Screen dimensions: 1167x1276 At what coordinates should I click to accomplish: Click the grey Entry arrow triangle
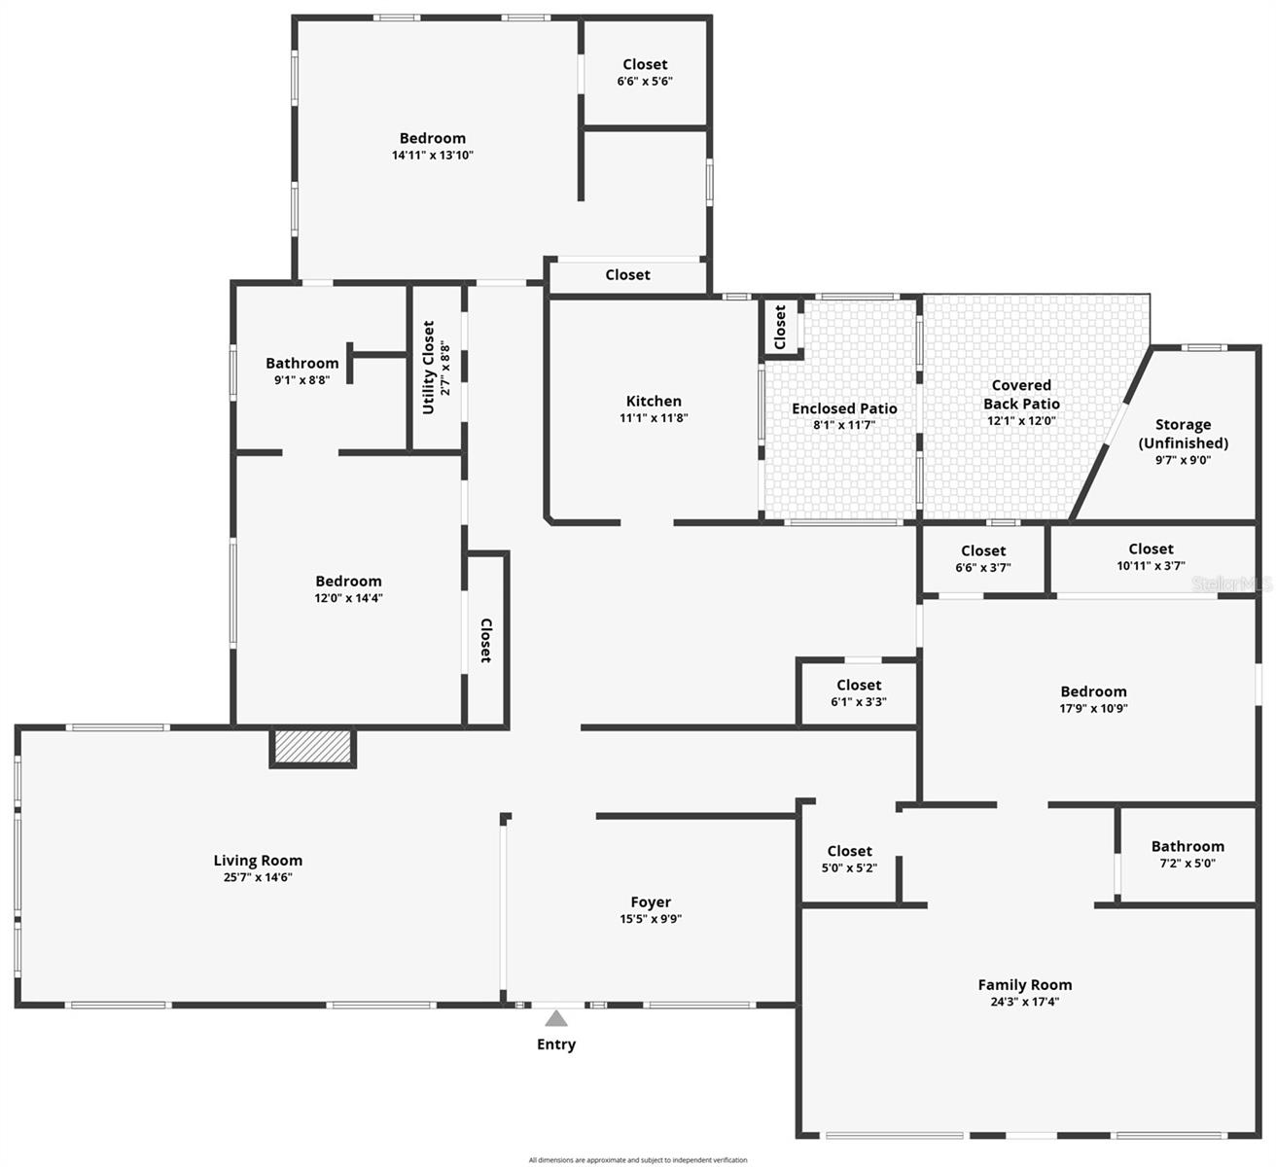pos(555,1018)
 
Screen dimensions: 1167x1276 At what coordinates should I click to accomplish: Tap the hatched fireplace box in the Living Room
pos(312,747)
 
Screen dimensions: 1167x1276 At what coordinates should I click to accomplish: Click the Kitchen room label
pos(654,401)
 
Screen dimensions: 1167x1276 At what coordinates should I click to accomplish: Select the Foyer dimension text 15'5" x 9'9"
pos(651,919)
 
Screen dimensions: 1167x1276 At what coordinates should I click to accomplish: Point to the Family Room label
pos(1025,985)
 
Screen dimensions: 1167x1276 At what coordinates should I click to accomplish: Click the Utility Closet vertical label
pos(429,368)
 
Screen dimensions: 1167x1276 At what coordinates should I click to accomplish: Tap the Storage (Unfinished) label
pos(1183,434)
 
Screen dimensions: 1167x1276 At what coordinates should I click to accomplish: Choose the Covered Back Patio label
pos(1021,395)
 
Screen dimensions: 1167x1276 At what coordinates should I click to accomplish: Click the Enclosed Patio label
pos(844,408)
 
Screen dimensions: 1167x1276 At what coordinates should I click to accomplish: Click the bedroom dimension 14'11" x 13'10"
pos(433,155)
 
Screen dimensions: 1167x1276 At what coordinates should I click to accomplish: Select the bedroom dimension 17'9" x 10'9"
pos(1094,709)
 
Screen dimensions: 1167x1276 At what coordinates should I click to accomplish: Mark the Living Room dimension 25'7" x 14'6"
pos(258,877)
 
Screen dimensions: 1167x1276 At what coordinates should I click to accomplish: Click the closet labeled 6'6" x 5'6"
pos(645,81)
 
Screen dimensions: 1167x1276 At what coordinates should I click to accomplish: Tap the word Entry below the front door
pos(556,1044)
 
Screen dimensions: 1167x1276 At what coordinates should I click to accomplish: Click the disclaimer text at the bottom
pos(638,1160)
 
